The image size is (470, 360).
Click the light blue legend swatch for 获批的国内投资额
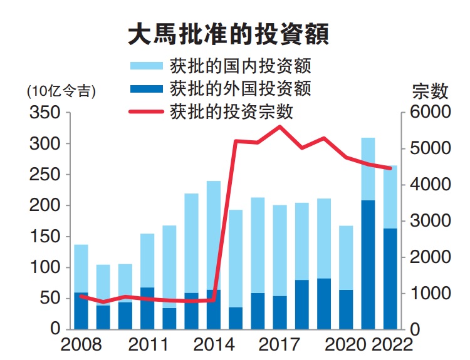pos(146,65)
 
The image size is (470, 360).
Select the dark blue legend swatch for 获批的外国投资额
pos(146,88)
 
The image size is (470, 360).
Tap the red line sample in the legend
pos(146,111)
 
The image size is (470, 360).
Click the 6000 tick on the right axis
pos(430,113)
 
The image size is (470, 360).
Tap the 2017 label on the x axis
pos(279,345)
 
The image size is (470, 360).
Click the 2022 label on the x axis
pos(392,345)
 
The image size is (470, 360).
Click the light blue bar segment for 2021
pos(368,169)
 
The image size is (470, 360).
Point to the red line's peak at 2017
pos(279,126)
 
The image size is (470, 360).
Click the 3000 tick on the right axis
pos(430,221)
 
